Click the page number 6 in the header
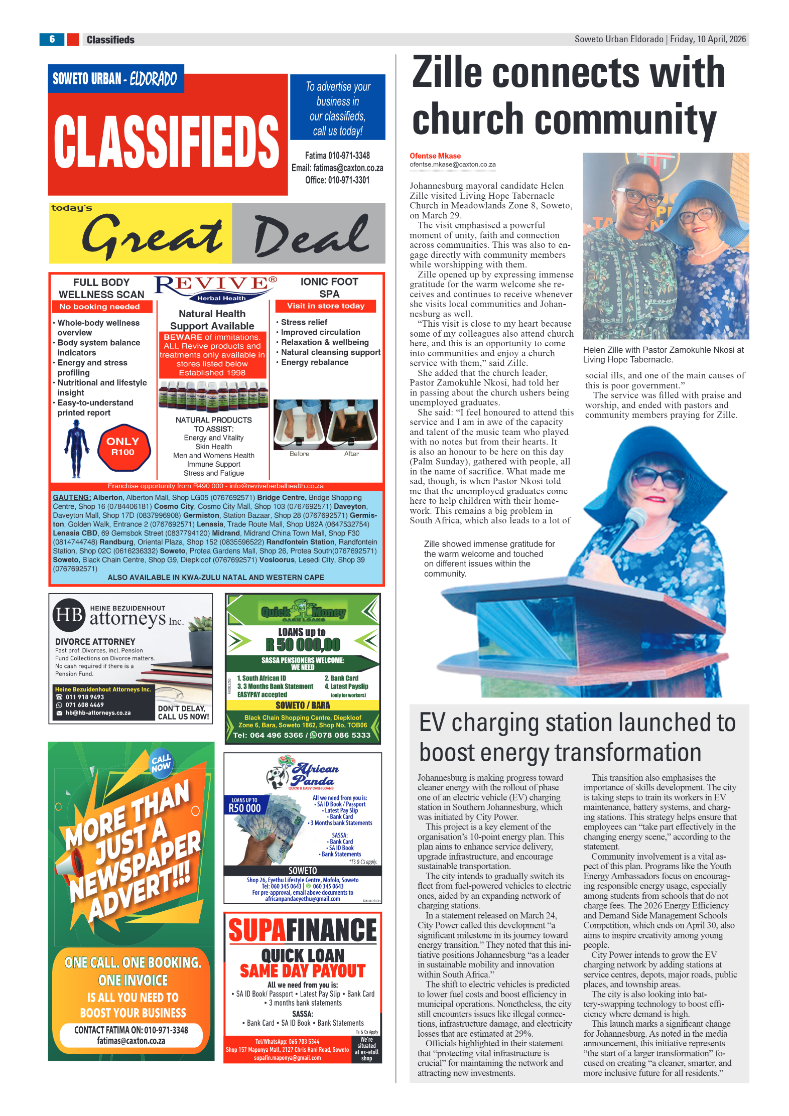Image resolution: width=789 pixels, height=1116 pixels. click(x=52, y=39)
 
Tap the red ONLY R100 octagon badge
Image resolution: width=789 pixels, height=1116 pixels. click(x=123, y=446)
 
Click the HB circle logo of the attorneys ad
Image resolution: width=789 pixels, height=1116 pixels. click(x=69, y=615)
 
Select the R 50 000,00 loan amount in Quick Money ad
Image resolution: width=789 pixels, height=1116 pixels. click(x=303, y=644)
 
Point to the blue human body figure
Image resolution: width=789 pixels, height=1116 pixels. click(x=76, y=448)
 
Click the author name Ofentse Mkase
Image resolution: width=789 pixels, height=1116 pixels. click(x=435, y=156)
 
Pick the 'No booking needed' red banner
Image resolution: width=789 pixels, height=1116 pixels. click(x=99, y=307)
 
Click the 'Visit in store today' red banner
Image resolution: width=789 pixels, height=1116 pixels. click(x=325, y=306)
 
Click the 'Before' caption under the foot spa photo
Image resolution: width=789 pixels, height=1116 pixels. click(x=299, y=454)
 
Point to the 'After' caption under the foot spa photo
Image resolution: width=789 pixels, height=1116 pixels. click(x=351, y=454)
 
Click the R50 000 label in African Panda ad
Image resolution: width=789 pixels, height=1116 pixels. click(x=244, y=808)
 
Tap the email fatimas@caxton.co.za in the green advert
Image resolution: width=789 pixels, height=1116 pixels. click(x=131, y=1041)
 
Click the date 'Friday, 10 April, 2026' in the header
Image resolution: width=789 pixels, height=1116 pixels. click(x=708, y=39)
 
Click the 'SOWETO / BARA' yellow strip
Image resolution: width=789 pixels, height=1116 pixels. click(x=303, y=705)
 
